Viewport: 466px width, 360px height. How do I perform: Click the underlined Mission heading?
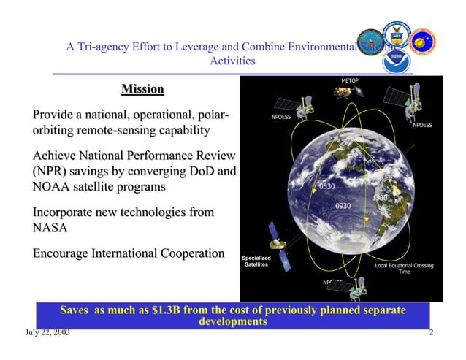(x=142, y=90)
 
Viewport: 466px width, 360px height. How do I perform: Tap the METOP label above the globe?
(x=350, y=80)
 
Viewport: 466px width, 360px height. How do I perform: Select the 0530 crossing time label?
(x=326, y=187)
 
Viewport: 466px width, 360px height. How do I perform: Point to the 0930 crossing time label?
(x=343, y=207)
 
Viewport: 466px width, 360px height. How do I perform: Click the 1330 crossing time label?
(x=380, y=198)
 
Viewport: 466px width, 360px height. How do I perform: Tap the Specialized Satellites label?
(x=256, y=261)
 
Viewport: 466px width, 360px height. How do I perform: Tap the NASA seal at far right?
(x=422, y=41)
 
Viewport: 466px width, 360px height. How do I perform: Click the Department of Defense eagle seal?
(x=370, y=42)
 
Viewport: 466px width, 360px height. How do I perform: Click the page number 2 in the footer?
(x=431, y=333)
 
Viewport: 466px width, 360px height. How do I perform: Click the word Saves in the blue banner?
(x=75, y=310)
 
